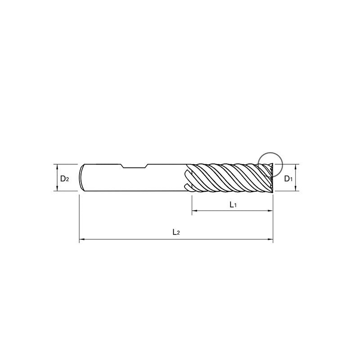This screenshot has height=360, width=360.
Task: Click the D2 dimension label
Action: pos(64,178)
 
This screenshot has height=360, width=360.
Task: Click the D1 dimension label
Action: pos(288,178)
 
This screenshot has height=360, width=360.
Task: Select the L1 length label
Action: pos(233,205)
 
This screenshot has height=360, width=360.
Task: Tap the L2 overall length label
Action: pos(176,232)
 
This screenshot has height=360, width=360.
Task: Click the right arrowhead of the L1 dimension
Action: pos(270,211)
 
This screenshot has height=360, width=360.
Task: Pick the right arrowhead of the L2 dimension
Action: pos(270,239)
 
